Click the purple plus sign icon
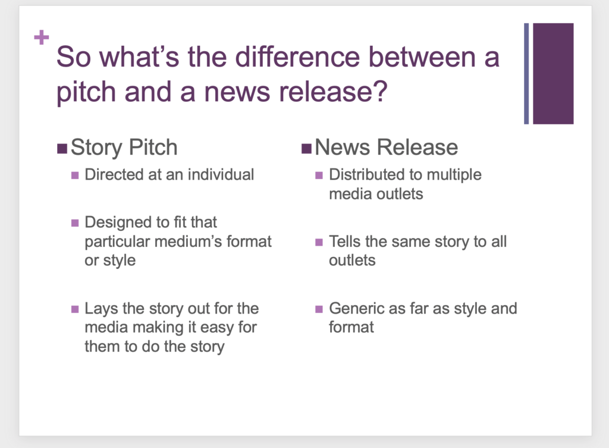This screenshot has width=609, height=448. pos(42,37)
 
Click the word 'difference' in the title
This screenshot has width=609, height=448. pos(297,57)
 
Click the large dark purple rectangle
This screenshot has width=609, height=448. pos(553,73)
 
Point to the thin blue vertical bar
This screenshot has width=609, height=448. pos(526,73)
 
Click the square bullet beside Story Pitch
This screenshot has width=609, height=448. pos(62,148)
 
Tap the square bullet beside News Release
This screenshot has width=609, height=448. pos(306,148)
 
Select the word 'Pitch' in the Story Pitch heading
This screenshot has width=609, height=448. pos(153,148)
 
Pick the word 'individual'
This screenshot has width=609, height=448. pos(221,174)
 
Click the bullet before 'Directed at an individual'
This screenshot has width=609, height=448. pos(75,176)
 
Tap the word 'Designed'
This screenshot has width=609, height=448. pos(118,223)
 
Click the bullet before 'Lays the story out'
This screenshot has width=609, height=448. pos(75,309)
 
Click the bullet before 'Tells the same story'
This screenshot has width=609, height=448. pos(319,243)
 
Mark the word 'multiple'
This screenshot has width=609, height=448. pos(454,175)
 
